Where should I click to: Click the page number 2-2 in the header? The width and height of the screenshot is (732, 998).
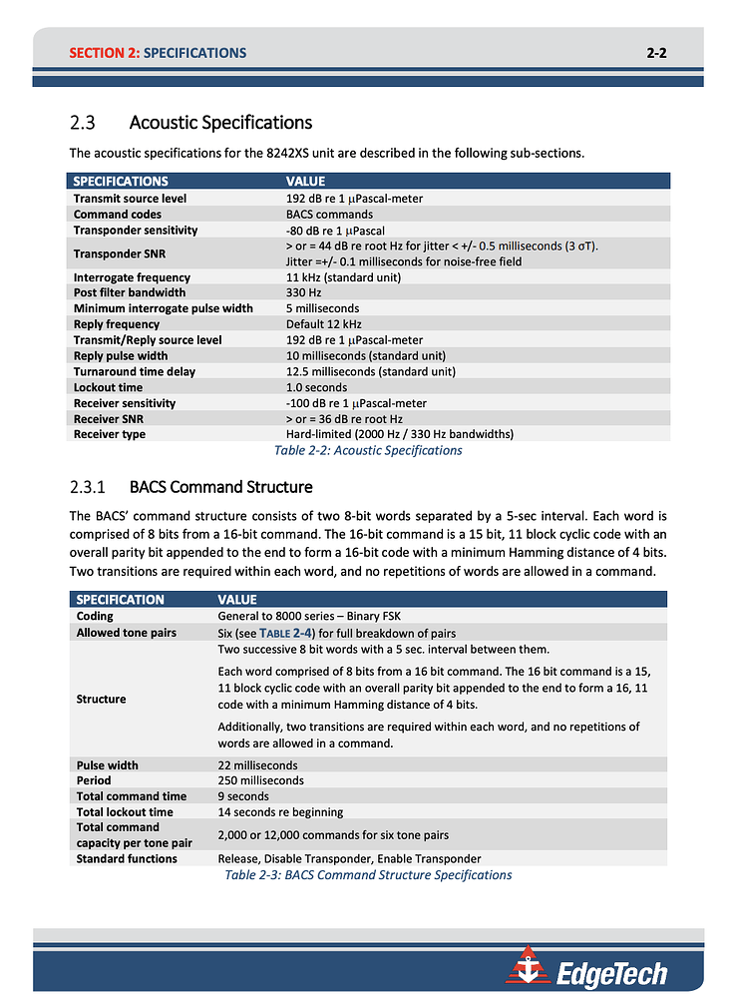pos(656,53)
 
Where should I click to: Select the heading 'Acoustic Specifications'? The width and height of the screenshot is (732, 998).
pos(220,123)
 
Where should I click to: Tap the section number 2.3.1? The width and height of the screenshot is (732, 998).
pos(90,487)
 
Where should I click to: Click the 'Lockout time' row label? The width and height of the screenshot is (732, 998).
pos(108,387)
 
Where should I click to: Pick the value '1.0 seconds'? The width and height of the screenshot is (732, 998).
pos(316,387)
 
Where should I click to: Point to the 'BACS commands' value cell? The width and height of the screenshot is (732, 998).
pos(329,214)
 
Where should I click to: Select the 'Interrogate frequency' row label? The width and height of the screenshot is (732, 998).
pos(132,277)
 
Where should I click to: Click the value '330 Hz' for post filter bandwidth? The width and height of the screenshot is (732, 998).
pos(303,293)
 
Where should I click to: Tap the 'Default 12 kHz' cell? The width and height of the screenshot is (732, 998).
pos(323,324)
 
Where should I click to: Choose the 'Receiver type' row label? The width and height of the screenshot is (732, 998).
pos(110,434)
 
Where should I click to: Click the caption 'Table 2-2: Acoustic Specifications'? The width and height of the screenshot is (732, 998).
pos(368,450)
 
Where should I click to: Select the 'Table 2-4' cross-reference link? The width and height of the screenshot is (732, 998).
pos(288,633)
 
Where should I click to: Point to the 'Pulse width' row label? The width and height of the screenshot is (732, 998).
pos(108,765)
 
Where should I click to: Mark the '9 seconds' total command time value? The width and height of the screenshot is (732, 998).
pos(243,796)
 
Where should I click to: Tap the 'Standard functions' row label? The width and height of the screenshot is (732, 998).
pos(127,858)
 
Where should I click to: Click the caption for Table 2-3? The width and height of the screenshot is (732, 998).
pos(368,875)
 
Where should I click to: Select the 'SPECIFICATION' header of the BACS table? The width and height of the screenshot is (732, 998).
pos(121,600)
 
